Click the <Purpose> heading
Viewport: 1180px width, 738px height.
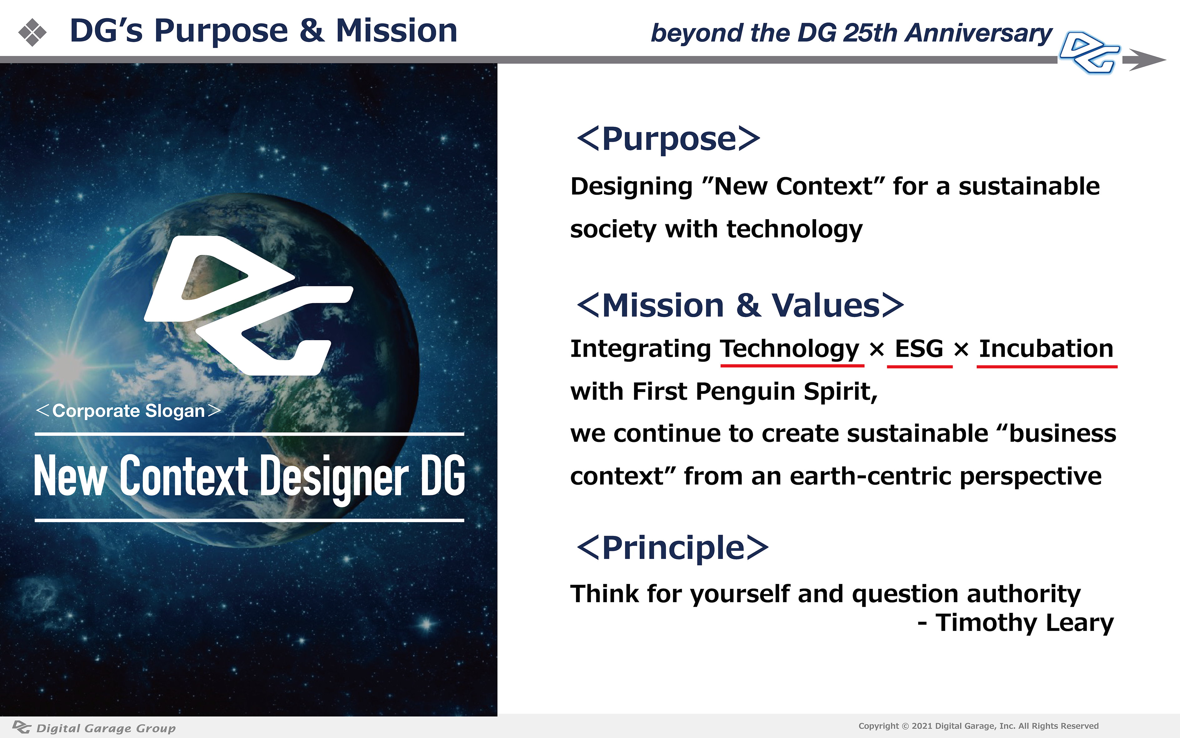click(668, 139)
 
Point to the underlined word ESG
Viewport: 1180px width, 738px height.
click(919, 349)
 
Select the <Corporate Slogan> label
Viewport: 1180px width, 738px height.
click(128, 411)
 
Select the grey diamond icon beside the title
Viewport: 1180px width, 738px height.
click(32, 32)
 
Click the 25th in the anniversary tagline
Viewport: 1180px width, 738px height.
click(870, 33)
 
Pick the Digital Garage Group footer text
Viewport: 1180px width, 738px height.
click(106, 728)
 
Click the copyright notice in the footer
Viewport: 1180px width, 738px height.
click(979, 726)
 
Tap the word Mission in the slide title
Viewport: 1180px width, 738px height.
click(396, 31)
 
